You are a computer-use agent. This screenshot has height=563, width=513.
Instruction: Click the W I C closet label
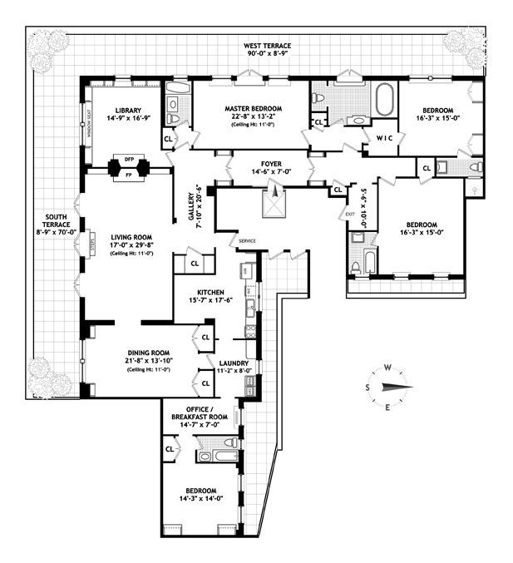tap(383, 138)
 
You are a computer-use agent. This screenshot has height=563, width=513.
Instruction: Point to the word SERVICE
tap(247, 241)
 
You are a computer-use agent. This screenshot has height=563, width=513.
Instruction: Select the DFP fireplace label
tap(128, 159)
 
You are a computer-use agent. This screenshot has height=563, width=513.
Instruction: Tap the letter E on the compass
tap(387, 406)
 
